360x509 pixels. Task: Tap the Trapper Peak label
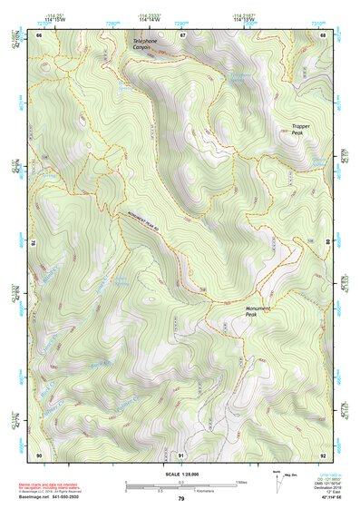(302, 130)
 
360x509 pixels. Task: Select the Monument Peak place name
(258, 310)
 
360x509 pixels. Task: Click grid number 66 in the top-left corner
(39, 34)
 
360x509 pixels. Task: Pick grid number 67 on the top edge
(181, 34)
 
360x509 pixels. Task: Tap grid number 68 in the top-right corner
(325, 34)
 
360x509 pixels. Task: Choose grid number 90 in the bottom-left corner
(39, 454)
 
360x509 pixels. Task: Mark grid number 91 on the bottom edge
(181, 454)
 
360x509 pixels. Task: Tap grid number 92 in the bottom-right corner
(325, 454)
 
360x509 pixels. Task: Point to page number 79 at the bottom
(180, 499)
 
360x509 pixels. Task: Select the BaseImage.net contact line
(50, 498)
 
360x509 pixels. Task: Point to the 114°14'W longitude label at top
(151, 19)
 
